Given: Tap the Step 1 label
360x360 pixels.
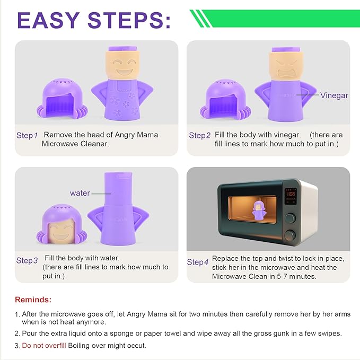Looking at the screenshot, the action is [x=27, y=135].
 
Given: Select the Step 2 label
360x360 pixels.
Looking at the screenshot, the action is [x=199, y=135].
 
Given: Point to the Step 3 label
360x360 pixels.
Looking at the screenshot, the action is [x=27, y=260].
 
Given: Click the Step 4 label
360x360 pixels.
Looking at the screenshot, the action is [x=198, y=262].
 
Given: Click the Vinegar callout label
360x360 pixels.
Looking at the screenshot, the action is [x=334, y=95].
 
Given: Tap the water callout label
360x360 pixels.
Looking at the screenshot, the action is [x=80, y=193].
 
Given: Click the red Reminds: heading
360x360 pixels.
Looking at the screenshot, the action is [x=33, y=300].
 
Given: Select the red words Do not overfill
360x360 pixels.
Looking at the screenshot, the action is [x=44, y=346].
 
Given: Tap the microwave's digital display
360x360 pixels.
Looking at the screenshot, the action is [x=291, y=196].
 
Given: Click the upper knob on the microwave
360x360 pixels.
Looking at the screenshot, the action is [x=290, y=218].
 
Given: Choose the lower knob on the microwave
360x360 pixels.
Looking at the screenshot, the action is [x=289, y=235].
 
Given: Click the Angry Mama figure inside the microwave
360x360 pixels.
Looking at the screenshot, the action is [x=259, y=211].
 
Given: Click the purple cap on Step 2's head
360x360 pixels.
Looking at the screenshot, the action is [x=286, y=49].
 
